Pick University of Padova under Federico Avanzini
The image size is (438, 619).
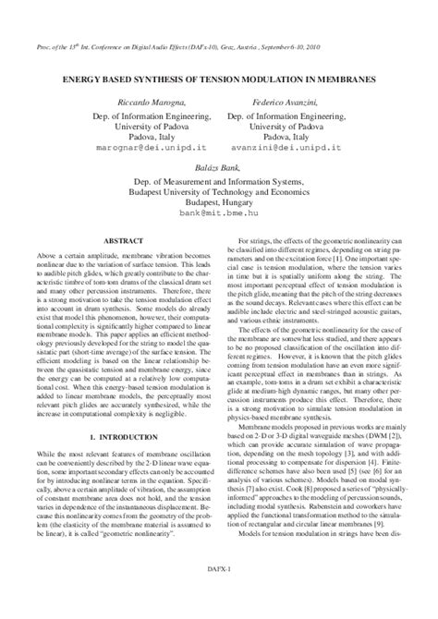295,121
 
